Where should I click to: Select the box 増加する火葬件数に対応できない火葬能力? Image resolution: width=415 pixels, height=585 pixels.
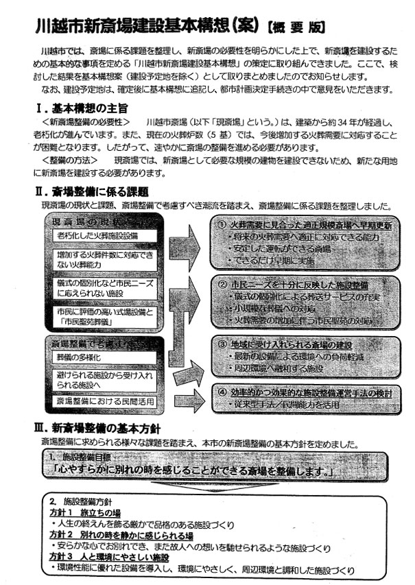click(x=104, y=260)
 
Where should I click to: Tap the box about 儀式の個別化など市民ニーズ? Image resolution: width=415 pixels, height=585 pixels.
click(x=104, y=289)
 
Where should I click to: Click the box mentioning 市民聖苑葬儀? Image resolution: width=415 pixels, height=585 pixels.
click(x=104, y=317)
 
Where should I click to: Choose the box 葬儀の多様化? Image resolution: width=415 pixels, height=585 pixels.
click(x=75, y=357)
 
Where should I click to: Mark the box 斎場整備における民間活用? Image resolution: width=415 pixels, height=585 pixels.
click(x=104, y=401)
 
